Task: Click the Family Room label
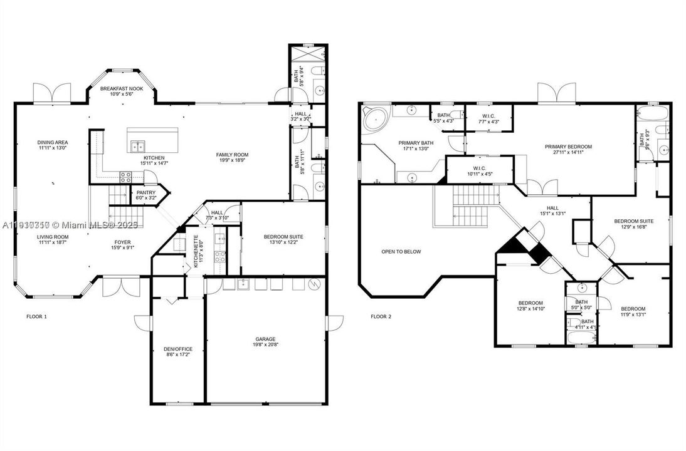click(233, 155)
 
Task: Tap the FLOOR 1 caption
click(36, 316)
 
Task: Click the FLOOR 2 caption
click(381, 316)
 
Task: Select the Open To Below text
click(401, 252)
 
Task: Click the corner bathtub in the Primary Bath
click(375, 118)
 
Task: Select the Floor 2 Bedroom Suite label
click(633, 221)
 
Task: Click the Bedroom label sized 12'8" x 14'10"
click(530, 303)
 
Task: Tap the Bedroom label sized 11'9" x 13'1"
click(633, 308)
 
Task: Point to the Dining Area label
click(53, 142)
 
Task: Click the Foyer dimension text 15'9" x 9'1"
click(122, 247)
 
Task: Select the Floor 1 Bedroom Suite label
click(283, 237)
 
